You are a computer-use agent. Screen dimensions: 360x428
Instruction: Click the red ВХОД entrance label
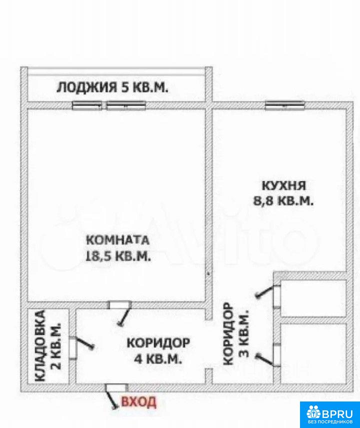click(138, 402)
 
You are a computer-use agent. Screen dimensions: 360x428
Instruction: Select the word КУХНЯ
click(284, 186)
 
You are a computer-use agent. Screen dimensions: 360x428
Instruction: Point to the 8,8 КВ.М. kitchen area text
click(283, 201)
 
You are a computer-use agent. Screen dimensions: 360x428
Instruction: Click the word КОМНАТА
click(117, 240)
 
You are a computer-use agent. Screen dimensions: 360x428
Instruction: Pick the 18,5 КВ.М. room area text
click(118, 256)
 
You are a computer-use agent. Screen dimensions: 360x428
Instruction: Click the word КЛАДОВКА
click(40, 345)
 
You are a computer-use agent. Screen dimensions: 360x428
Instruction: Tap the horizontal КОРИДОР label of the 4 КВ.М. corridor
click(158, 343)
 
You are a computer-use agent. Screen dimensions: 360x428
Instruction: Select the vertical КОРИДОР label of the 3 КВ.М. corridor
click(228, 334)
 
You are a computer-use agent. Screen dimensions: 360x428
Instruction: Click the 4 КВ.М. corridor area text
click(158, 358)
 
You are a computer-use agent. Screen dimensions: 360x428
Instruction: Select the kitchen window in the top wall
click(284, 105)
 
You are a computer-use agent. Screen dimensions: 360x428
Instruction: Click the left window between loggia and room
click(87, 105)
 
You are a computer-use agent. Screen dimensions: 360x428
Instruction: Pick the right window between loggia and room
click(126, 105)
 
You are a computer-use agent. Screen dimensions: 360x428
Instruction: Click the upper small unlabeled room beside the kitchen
click(313, 298)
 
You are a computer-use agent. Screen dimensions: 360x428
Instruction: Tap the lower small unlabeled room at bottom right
click(313, 353)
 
